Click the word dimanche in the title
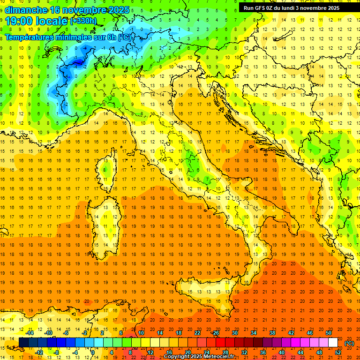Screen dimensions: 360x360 26,10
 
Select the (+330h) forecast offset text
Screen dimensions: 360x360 83,21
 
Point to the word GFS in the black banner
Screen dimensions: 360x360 261,8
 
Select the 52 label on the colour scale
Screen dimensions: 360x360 338,352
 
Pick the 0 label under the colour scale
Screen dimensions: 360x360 92,352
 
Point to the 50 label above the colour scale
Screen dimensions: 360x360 328,333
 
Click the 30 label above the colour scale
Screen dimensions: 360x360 234,333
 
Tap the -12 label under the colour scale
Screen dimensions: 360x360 39,352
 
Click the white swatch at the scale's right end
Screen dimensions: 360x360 333,343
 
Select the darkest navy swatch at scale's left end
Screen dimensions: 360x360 23,343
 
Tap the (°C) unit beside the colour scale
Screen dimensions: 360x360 349,343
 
